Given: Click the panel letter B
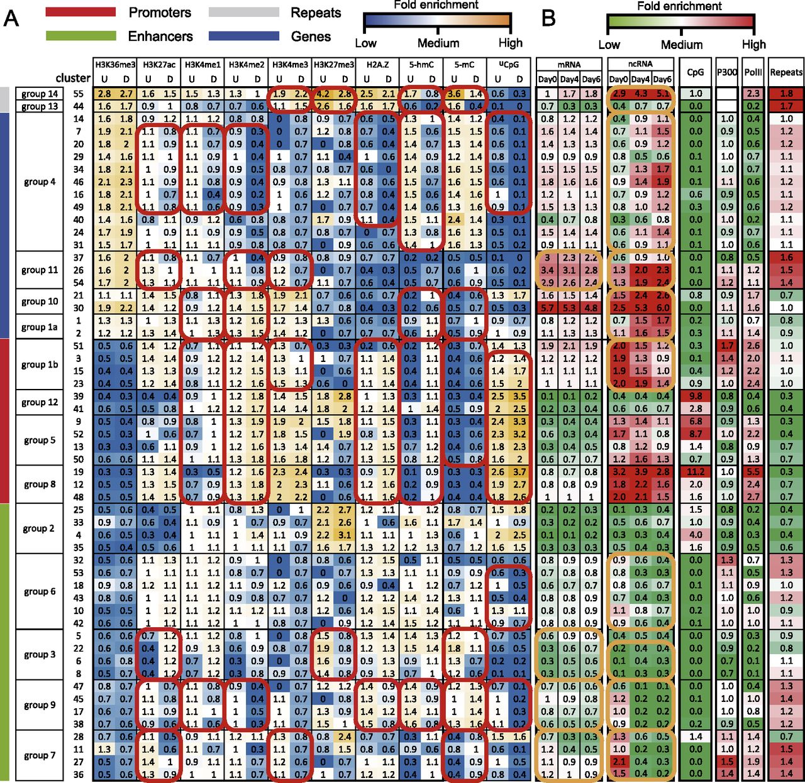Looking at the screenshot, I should point(548,19).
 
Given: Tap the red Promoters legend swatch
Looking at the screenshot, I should point(81,12).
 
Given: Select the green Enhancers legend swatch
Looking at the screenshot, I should point(81,36).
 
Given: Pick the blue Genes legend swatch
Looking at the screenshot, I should point(245,36).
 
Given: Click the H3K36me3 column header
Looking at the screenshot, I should point(113,64).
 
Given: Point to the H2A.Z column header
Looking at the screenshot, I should point(377,64).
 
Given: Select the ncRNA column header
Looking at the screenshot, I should point(640,64).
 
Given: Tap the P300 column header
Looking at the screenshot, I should point(727,72).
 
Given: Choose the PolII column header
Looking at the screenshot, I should point(753,72).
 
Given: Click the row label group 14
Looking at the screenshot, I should point(39,94).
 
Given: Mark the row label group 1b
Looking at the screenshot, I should point(39,364).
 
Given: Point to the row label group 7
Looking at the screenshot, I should point(39,755).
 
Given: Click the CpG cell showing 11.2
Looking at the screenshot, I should point(695,472).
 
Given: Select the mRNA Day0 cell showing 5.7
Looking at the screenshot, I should point(547,308).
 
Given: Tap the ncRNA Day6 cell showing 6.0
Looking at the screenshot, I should point(662,308).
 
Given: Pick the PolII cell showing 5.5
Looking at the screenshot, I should point(753,472).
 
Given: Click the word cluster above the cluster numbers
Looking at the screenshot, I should point(73,79).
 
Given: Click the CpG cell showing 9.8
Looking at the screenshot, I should point(695,396).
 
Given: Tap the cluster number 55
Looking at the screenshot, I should point(79,94).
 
